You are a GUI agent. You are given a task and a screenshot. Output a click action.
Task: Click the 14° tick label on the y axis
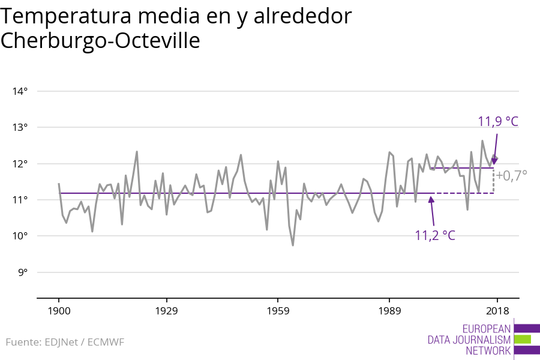[x=20, y=91]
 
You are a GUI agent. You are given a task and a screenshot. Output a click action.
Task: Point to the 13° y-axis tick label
[x=20, y=127]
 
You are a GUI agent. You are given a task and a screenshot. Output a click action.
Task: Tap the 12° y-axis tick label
[x=20, y=164]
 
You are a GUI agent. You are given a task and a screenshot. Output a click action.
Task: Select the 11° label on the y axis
[x=20, y=200]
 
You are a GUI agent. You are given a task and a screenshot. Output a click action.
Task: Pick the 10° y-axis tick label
[x=20, y=236]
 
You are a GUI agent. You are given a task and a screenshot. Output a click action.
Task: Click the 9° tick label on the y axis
[x=22, y=272]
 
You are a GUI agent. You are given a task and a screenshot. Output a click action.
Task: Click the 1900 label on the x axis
[x=59, y=311]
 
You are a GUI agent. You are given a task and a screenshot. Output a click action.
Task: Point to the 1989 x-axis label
[x=389, y=311]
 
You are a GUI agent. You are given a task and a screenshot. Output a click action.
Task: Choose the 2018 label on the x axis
[x=497, y=311]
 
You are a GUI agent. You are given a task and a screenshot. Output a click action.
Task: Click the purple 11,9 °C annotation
[x=497, y=122]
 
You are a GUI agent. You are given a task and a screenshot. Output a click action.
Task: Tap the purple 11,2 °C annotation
[x=435, y=235]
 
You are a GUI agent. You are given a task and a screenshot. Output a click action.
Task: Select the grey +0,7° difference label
[x=511, y=175]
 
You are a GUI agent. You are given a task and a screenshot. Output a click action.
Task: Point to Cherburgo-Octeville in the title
[x=100, y=41]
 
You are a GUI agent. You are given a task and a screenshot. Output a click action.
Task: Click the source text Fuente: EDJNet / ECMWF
[x=65, y=342]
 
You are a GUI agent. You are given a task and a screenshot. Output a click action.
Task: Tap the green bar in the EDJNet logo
[x=523, y=339]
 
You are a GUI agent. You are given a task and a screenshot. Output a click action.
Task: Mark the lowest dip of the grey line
[x=293, y=245]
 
